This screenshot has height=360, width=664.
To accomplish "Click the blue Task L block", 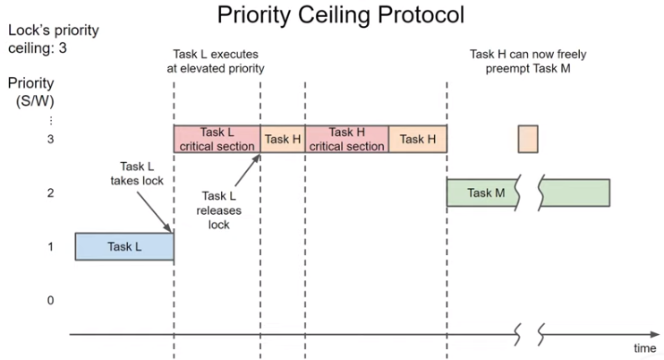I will click(x=123, y=246).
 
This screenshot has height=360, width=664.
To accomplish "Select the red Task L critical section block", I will click(x=217, y=139).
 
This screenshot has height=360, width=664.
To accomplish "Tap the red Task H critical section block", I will click(x=347, y=139).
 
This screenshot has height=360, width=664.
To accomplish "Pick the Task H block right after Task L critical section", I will click(x=283, y=139).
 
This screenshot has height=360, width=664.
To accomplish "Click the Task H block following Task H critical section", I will click(x=418, y=139).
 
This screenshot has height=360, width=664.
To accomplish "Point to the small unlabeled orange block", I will click(x=527, y=139).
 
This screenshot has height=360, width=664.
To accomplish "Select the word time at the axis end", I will click(x=644, y=347).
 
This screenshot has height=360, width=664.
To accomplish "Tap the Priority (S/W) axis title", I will click(x=31, y=90).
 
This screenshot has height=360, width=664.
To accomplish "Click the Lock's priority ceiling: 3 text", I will click(x=52, y=39).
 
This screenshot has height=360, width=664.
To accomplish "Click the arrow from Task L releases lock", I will click(x=244, y=169).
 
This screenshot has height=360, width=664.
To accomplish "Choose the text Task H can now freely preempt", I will click(x=528, y=60).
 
